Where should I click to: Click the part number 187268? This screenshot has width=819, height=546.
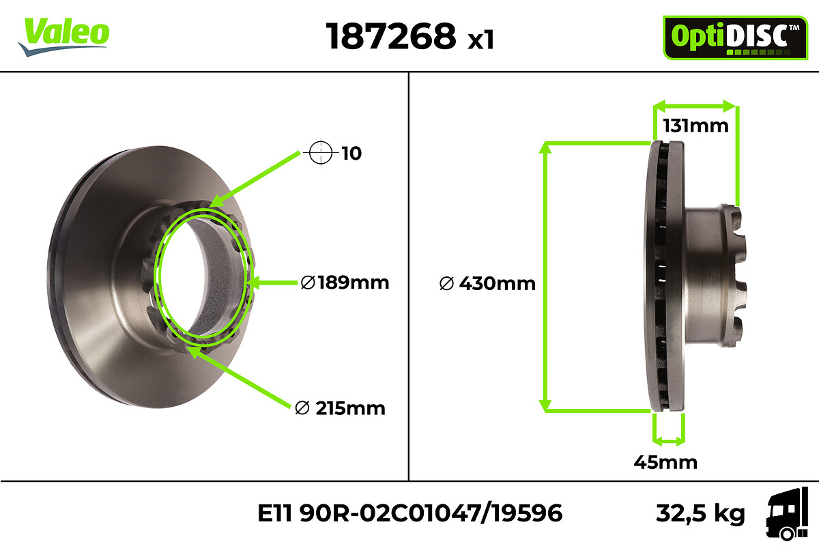(x=391, y=36)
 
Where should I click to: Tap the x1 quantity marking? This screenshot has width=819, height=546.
(x=480, y=40)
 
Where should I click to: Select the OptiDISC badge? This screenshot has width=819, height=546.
(x=735, y=38)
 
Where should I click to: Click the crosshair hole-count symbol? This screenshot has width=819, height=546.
(x=321, y=152)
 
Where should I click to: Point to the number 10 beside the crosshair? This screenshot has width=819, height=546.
(x=351, y=154)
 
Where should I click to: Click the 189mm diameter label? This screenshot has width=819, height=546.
(x=345, y=283)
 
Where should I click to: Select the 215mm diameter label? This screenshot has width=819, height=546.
(x=340, y=408)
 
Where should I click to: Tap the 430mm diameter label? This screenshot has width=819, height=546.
(x=487, y=283)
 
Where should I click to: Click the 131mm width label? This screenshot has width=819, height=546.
(x=695, y=126)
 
